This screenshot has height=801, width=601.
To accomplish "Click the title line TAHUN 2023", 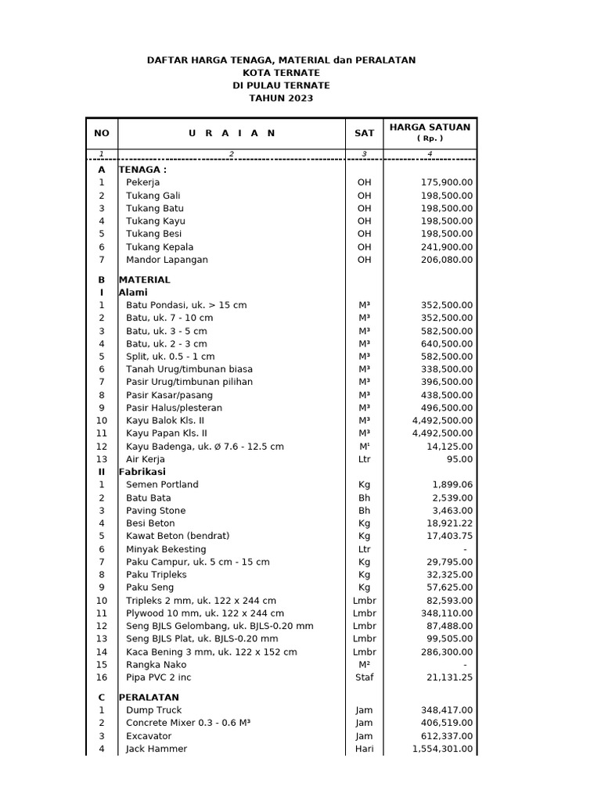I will (281, 98).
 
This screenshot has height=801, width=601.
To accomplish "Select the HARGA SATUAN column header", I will (430, 127).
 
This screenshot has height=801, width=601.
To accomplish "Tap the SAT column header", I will (364, 133).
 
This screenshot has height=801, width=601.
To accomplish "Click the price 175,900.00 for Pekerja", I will (446, 182).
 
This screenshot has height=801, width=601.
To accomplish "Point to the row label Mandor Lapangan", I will (167, 260).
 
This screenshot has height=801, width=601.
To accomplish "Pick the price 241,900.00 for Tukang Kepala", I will (446, 247).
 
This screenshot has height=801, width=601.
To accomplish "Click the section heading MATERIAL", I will (144, 279).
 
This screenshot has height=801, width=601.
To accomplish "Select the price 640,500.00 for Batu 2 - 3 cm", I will (446, 343).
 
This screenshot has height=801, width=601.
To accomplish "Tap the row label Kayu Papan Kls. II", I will (167, 433).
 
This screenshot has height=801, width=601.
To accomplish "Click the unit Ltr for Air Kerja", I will (364, 459).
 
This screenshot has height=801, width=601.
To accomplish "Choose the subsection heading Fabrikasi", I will (142, 472).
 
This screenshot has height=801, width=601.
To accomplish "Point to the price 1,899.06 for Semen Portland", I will (451, 485).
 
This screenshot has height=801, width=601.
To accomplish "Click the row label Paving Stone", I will (156, 511).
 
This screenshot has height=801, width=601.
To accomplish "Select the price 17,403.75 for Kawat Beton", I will (448, 536).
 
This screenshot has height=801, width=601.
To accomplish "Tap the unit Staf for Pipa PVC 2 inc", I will (364, 677).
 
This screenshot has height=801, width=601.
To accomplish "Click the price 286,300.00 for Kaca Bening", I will (446, 652).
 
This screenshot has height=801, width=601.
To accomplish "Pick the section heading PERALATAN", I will (149, 697).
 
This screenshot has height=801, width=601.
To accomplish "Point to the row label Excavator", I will (149, 736).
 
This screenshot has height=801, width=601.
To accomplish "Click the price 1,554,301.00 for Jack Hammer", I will (442, 749).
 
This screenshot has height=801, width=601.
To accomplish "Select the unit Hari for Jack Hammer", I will (364, 749).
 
